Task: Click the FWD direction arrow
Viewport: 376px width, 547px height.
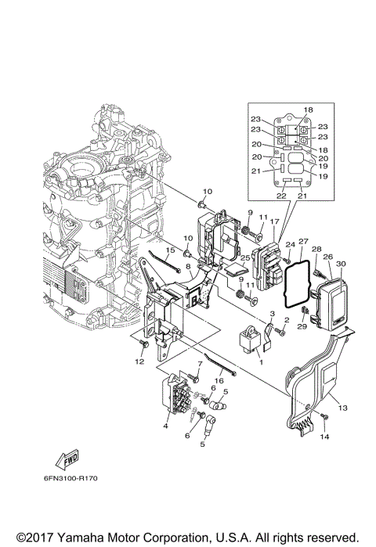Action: (x=65, y=459)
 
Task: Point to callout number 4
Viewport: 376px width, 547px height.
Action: (x=165, y=426)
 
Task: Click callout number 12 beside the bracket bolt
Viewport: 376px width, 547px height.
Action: (x=139, y=362)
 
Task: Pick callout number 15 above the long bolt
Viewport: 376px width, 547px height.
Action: (x=168, y=250)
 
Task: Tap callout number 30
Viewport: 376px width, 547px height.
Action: (x=341, y=264)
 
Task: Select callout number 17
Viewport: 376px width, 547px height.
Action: (x=274, y=222)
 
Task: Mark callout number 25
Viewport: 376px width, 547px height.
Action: (x=244, y=257)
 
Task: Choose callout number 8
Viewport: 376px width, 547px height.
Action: (x=188, y=267)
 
